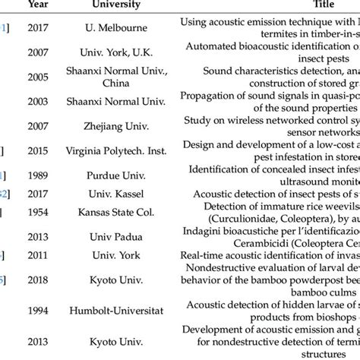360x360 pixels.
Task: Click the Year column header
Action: pos(39,5)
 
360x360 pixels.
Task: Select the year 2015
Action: pos(39,152)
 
